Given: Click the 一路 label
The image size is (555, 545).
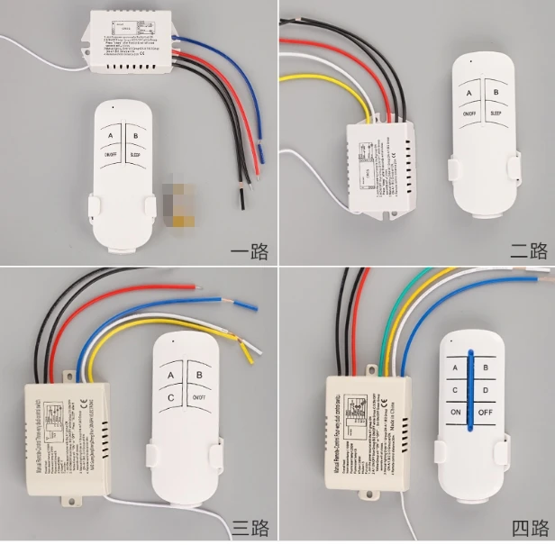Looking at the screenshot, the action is tap(250, 251).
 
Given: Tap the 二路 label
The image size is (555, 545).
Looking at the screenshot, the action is tap(528, 251).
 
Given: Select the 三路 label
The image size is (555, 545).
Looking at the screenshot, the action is tap(250, 526).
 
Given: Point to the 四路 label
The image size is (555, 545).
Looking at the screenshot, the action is tap(528, 526).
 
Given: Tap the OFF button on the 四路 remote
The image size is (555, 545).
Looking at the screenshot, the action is tap(484, 413).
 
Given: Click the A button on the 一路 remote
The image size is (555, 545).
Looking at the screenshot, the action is tap(111, 137).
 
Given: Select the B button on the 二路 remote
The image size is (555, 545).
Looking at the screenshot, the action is tap(495, 93).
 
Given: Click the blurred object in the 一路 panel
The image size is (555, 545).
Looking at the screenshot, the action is tap(175, 203).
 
